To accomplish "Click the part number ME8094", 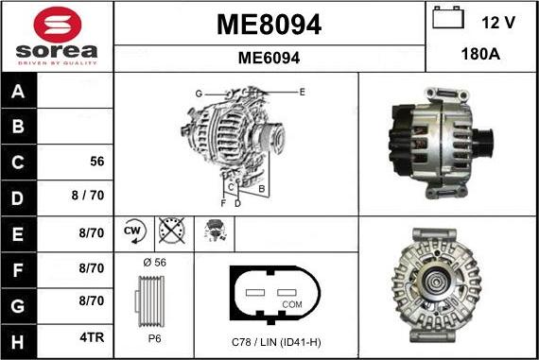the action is coord(269,25).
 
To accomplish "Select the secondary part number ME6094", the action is coord(269,58).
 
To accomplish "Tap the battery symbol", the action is coord(448,18).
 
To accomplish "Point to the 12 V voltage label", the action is coord(498,23).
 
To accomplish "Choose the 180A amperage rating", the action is coord(480,54).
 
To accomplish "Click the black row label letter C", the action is coord(18,163).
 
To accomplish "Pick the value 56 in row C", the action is coord(97,162).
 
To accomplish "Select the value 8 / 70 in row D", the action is coord(88,195).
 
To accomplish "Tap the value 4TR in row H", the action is coord(92,337).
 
